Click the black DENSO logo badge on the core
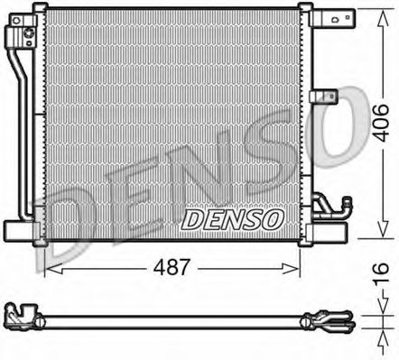pos(233,219)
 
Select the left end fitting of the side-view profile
pos(27,318)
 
